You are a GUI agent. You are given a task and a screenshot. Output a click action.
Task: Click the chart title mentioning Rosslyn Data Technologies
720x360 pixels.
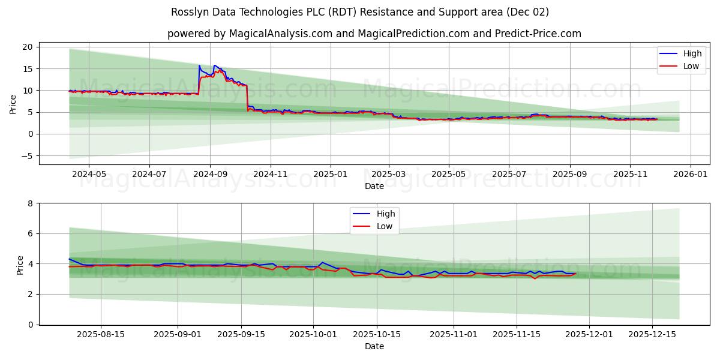coord(359,12)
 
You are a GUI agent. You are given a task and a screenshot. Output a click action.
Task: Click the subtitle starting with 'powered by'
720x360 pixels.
coord(374,34)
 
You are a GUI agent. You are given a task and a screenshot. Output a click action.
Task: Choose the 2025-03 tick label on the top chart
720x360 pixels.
coord(388,174)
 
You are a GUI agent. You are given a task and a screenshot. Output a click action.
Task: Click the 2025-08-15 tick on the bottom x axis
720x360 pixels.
coord(100,334)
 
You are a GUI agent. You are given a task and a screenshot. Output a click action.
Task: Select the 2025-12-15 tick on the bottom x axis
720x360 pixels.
coord(652,334)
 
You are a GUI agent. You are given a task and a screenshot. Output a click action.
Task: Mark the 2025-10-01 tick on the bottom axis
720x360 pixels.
coord(313,334)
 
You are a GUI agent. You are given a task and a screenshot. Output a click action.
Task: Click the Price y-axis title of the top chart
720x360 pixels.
coord(13,103)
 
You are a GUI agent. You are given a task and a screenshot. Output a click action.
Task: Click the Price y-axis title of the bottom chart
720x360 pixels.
coord(20,264)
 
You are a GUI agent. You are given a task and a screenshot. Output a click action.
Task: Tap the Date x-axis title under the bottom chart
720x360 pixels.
coord(374,346)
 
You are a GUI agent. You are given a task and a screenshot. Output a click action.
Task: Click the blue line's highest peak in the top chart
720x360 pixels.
coord(199,65)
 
